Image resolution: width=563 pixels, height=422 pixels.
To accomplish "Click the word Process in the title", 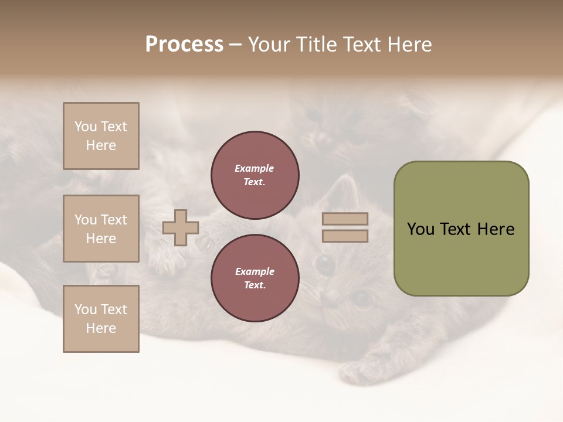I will pyautogui.click(x=184, y=45).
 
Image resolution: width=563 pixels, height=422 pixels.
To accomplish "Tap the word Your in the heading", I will pyautogui.click(x=269, y=45).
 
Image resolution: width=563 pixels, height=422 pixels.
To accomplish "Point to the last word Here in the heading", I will pyautogui.click(x=408, y=45).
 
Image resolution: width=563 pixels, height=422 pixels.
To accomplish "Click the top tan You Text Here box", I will pyautogui.click(x=101, y=136).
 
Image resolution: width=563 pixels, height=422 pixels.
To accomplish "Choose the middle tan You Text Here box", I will pyautogui.click(x=101, y=229).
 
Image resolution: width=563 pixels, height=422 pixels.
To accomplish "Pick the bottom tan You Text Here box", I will pyautogui.click(x=101, y=319).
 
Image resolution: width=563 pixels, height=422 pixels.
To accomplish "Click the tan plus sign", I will pyautogui.click(x=181, y=227).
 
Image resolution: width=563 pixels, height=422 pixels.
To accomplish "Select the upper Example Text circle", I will pyautogui.click(x=255, y=175).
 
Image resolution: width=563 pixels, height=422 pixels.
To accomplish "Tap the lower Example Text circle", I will pyautogui.click(x=255, y=278).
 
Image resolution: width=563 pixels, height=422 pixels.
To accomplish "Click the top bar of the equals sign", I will pyautogui.click(x=345, y=219).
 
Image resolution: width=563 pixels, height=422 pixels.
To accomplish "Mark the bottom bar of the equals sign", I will pyautogui.click(x=345, y=236).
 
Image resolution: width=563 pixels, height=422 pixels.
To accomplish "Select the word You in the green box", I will pyautogui.click(x=420, y=229).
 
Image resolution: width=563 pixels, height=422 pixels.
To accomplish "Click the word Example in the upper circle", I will pyautogui.click(x=254, y=168).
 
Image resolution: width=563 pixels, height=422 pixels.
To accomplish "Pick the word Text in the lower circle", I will pyautogui.click(x=254, y=285).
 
